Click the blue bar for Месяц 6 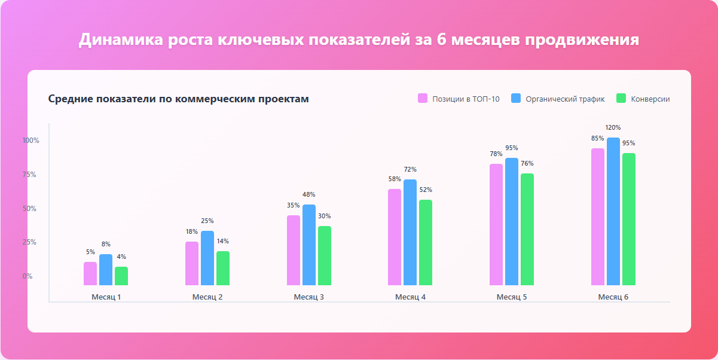tap(613, 212)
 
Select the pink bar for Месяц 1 tap(90, 274)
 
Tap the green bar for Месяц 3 tap(324, 256)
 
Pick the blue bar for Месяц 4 tap(410, 233)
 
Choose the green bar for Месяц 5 tap(527, 230)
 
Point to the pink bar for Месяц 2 tap(192, 264)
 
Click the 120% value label tap(613, 127)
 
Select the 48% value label tap(308, 194)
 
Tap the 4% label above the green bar tap(121, 257)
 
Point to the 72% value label tap(410, 169)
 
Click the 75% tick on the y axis tap(30, 175)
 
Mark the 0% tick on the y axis tap(28, 276)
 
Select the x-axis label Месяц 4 tap(410, 297)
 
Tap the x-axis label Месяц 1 tap(106, 297)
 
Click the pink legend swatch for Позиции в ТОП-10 tap(423, 99)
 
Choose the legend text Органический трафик tap(565, 99)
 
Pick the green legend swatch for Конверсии tap(621, 99)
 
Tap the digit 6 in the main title tap(439, 39)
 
